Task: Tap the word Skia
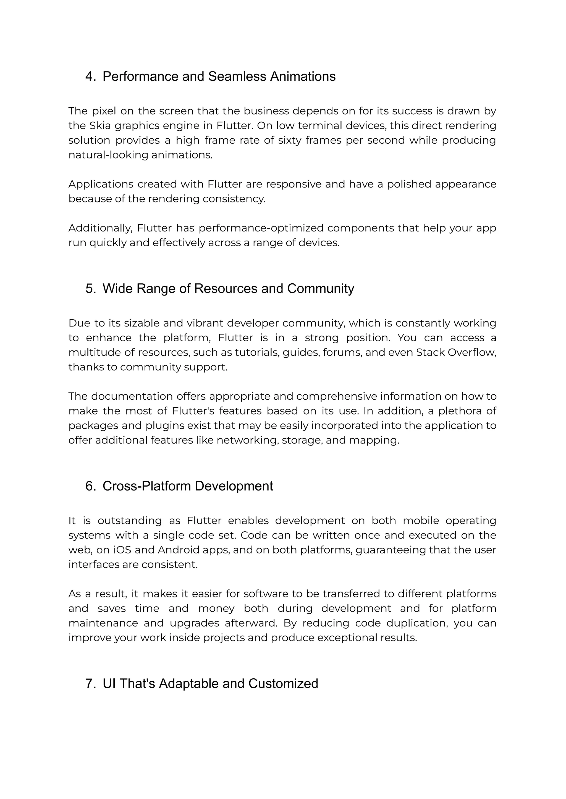point(100,125)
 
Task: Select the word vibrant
point(205,323)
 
